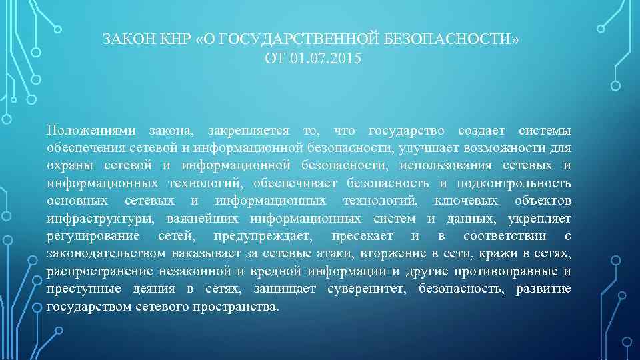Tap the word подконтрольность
[x=514, y=183]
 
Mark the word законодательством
[x=106, y=254]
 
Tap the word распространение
[x=100, y=271]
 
